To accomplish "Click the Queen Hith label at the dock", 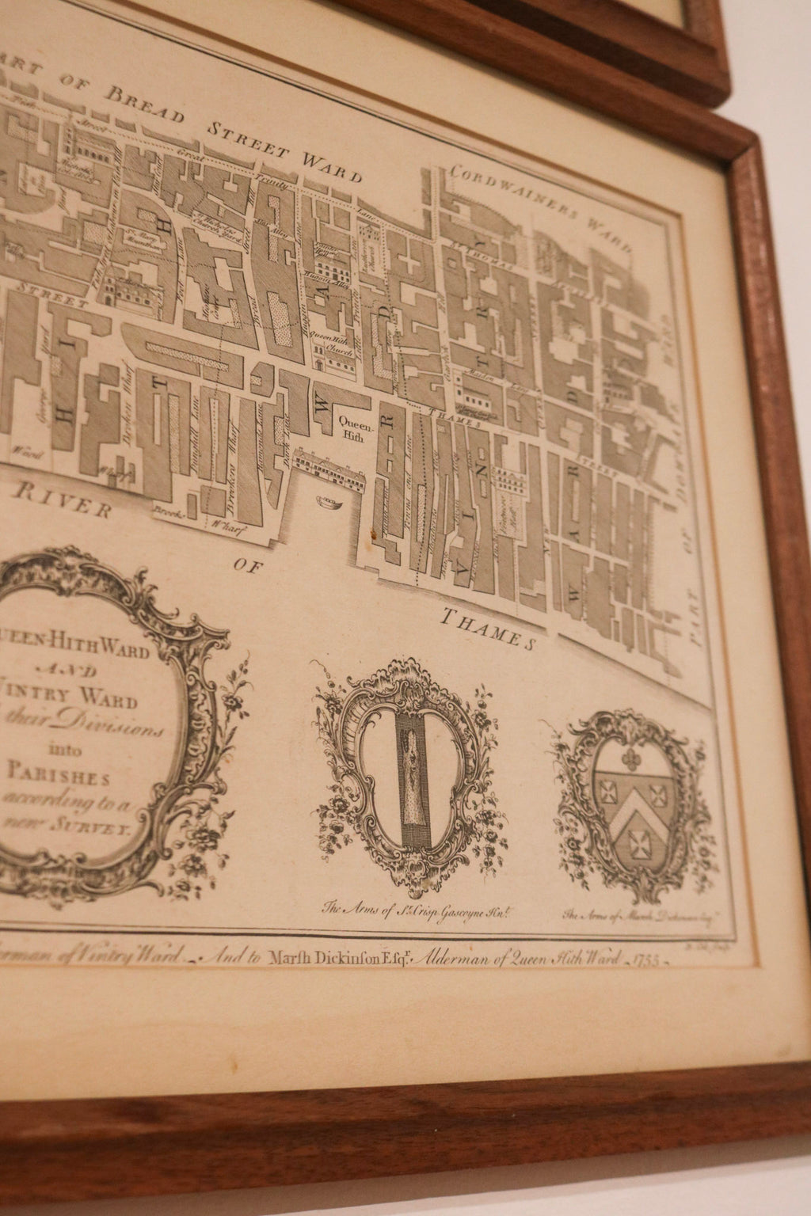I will click(x=352, y=427).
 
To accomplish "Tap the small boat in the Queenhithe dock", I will click(x=325, y=500).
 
